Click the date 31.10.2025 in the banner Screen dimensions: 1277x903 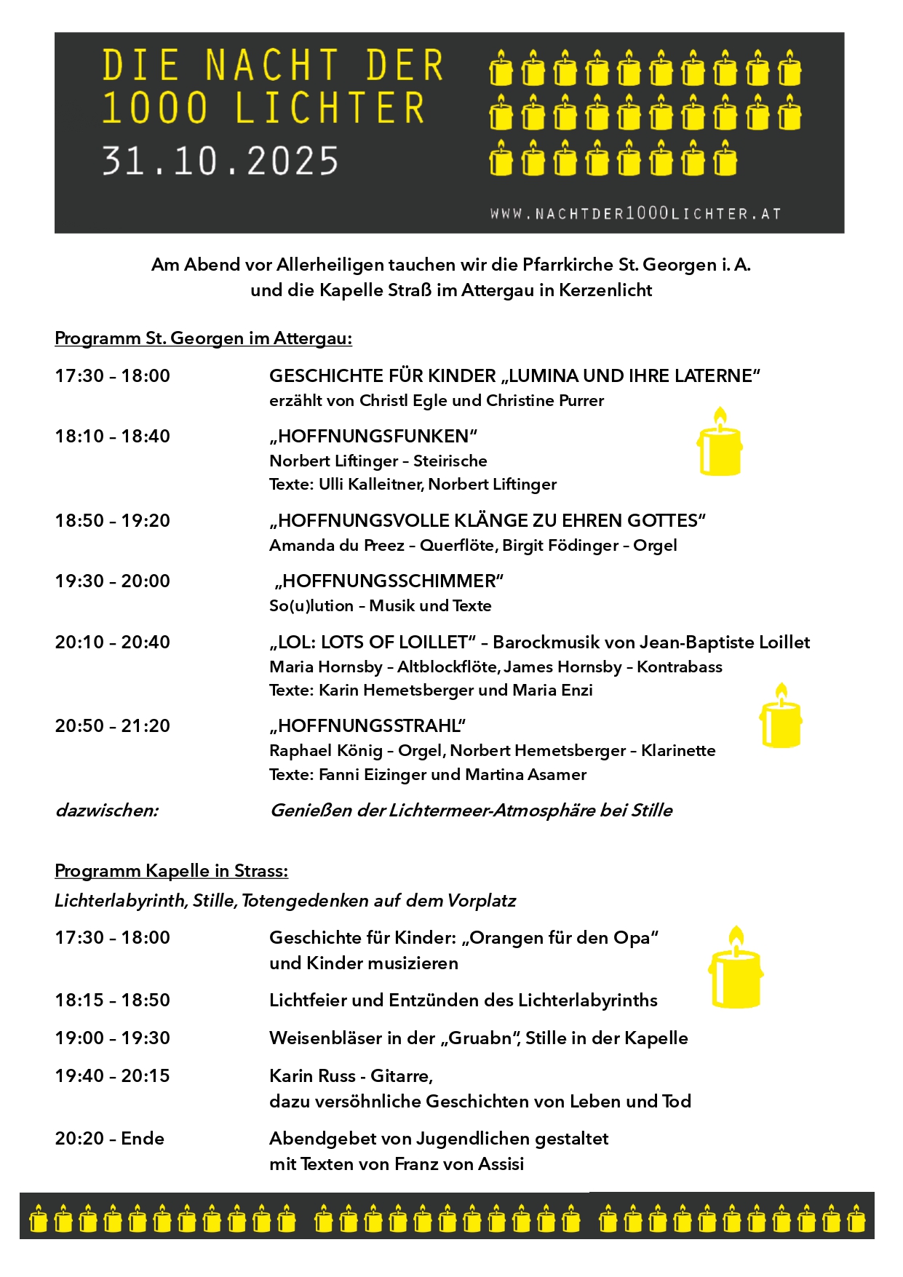[220, 161]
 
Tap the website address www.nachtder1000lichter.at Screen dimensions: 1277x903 [635, 214]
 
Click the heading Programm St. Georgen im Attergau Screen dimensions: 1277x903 [203, 338]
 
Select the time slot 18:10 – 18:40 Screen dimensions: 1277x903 [113, 437]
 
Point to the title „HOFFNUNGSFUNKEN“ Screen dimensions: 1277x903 [373, 437]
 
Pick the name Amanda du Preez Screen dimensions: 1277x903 [336, 546]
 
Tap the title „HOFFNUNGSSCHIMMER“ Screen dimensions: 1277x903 [389, 581]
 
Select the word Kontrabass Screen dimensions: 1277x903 [680, 667]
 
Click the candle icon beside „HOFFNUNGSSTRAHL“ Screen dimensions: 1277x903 [781, 717]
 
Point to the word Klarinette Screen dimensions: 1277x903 [678, 751]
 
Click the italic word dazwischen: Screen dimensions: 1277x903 [107, 811]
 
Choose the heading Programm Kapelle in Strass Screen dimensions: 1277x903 [171, 871]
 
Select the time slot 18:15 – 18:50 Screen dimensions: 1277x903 [113, 1000]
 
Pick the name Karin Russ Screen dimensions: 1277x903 [312, 1076]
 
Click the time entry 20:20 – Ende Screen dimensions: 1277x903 [110, 1139]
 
